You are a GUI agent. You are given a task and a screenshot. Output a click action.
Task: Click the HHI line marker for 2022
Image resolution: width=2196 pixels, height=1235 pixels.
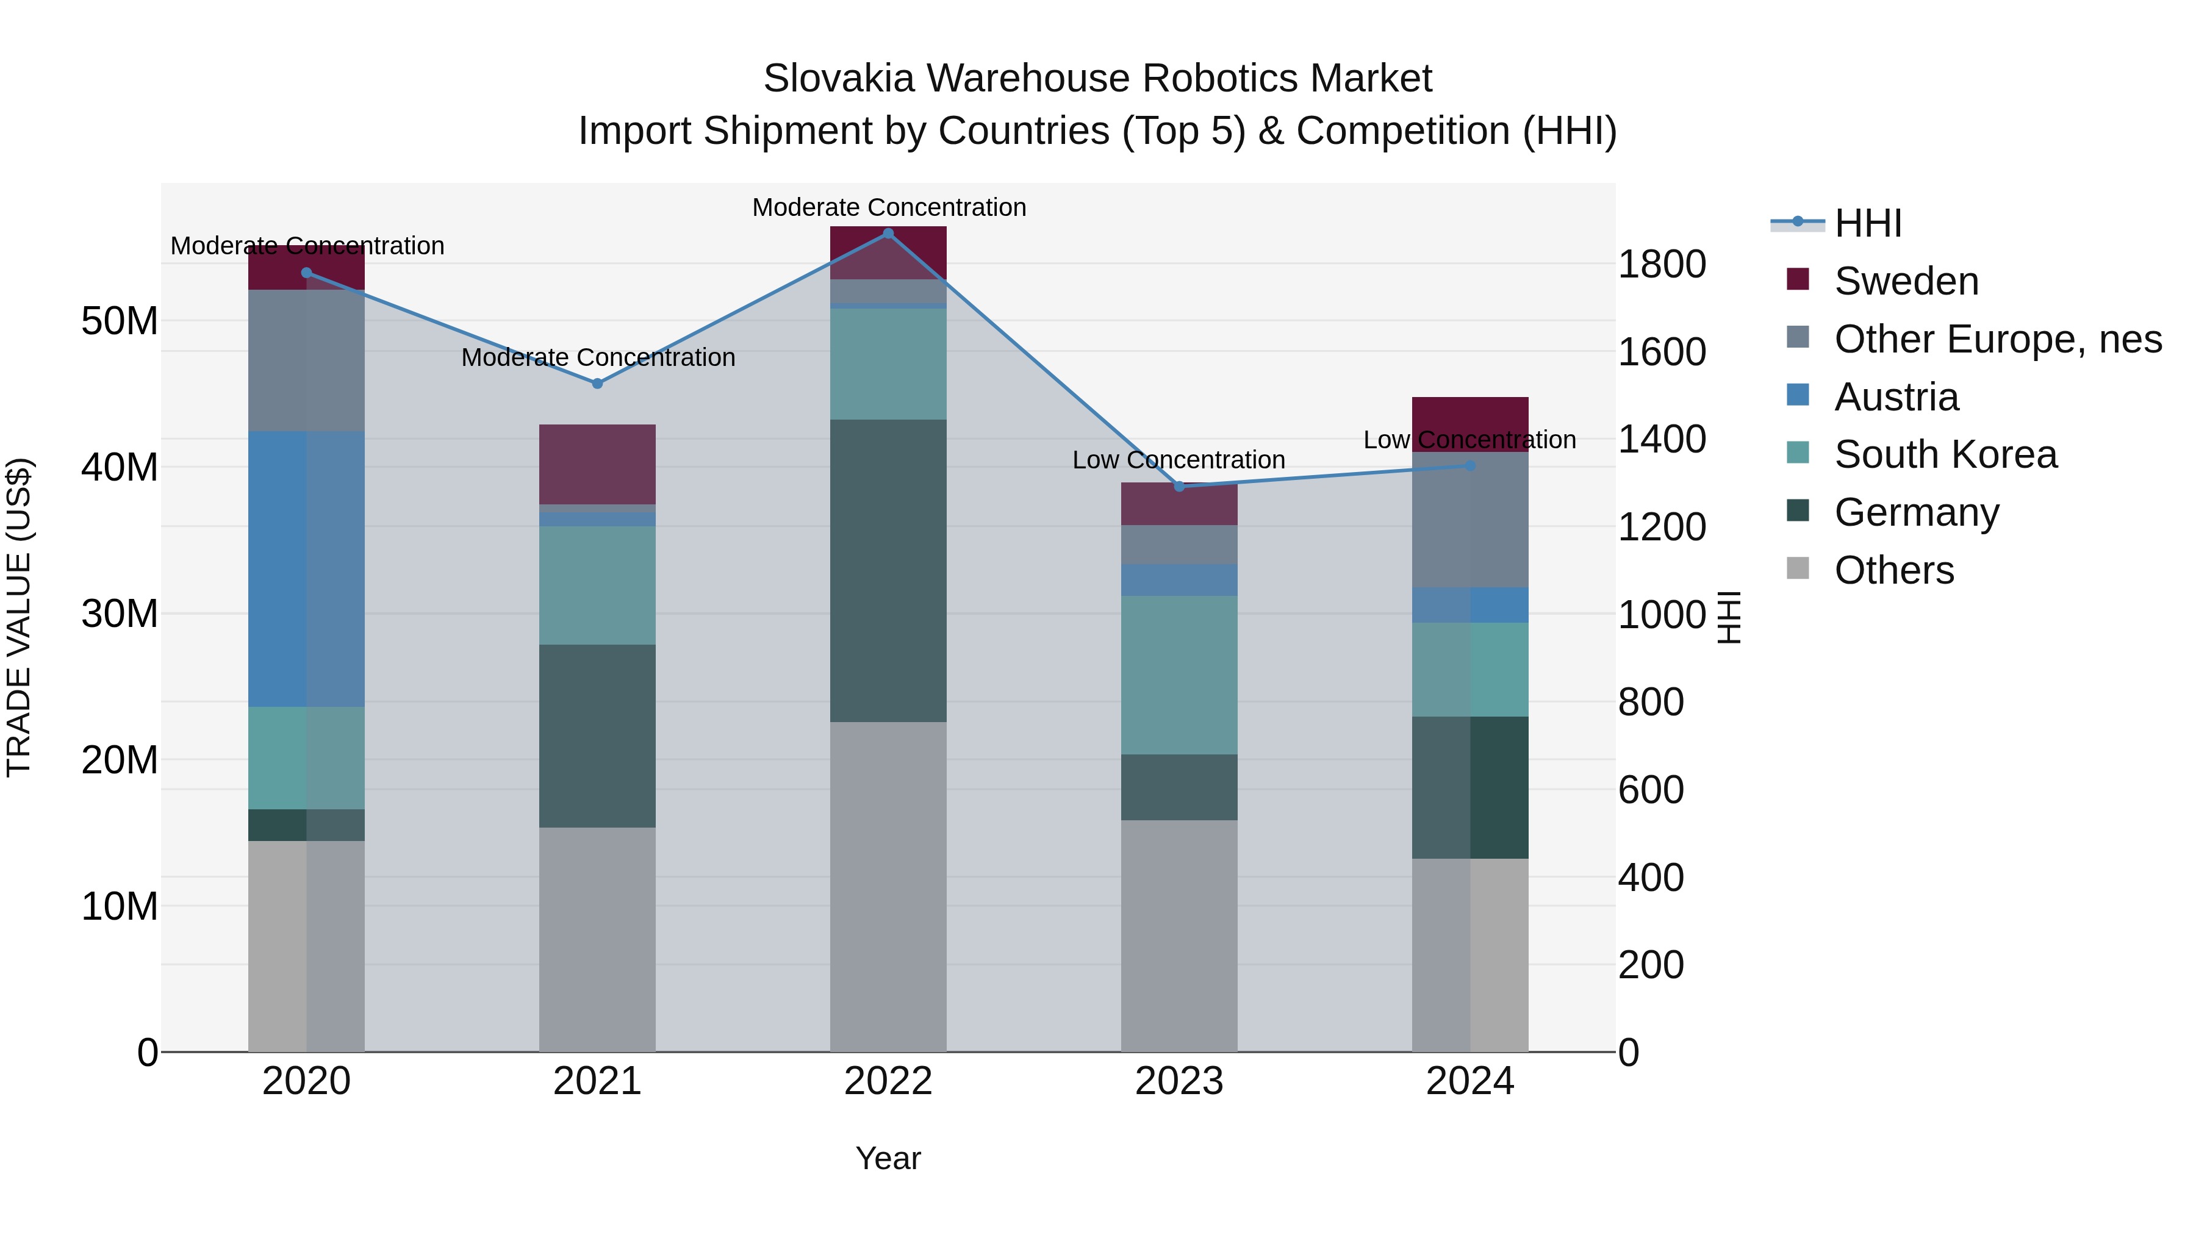coord(888,234)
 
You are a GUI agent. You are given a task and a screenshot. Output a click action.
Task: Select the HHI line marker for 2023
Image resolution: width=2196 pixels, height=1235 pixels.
coord(1179,487)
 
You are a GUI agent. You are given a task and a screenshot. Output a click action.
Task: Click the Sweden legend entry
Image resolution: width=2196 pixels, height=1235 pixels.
coord(1906,281)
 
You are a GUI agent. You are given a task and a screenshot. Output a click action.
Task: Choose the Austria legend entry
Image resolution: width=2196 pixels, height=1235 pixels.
coord(1896,397)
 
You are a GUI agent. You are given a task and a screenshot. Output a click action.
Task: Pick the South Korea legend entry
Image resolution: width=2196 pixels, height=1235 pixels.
coord(1945,454)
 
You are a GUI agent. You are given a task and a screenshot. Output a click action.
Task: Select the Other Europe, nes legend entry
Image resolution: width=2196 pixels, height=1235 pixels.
coord(1997,339)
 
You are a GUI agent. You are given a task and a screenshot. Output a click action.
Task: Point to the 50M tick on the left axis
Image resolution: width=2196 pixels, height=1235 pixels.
coord(120,321)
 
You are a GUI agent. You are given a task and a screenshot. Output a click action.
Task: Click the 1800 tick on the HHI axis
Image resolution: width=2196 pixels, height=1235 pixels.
coord(1662,264)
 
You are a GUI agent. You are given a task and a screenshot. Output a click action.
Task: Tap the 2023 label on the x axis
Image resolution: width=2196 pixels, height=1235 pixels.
coord(1179,1081)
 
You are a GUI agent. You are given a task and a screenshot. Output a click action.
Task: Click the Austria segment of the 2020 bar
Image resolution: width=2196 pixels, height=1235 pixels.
coord(306,568)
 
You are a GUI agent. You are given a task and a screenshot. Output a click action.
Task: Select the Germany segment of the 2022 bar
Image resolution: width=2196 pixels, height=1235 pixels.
coord(888,570)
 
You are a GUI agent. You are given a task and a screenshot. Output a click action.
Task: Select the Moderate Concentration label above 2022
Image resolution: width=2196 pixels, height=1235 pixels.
coord(888,207)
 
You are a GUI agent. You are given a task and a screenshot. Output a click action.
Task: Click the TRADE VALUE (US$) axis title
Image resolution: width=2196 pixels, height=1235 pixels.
coord(19,617)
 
